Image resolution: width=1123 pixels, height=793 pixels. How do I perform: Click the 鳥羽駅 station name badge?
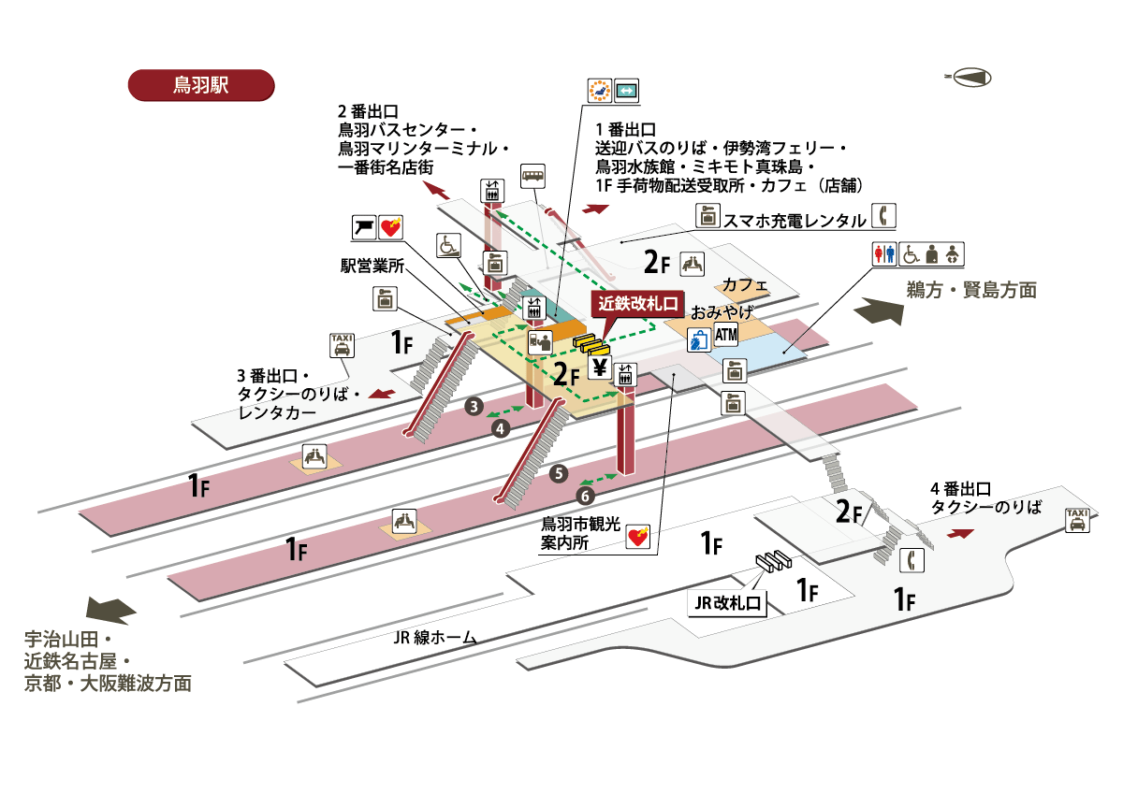(x=200, y=83)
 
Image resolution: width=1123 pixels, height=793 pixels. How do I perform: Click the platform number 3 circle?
(x=474, y=406)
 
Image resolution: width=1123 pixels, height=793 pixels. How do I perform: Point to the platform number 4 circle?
(x=501, y=428)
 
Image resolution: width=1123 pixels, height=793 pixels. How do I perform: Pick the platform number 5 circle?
(x=559, y=473)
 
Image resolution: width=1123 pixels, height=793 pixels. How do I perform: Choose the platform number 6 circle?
(x=586, y=495)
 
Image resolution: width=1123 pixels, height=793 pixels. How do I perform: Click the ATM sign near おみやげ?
(x=726, y=335)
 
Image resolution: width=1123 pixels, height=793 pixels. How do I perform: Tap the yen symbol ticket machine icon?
(x=600, y=367)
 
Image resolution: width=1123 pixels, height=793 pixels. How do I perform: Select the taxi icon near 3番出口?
(x=343, y=345)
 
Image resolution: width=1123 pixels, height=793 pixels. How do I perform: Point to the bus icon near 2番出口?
(x=532, y=176)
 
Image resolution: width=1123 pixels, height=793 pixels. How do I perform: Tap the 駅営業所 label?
(x=372, y=266)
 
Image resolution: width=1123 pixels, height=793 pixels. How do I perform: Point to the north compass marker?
(x=969, y=78)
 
